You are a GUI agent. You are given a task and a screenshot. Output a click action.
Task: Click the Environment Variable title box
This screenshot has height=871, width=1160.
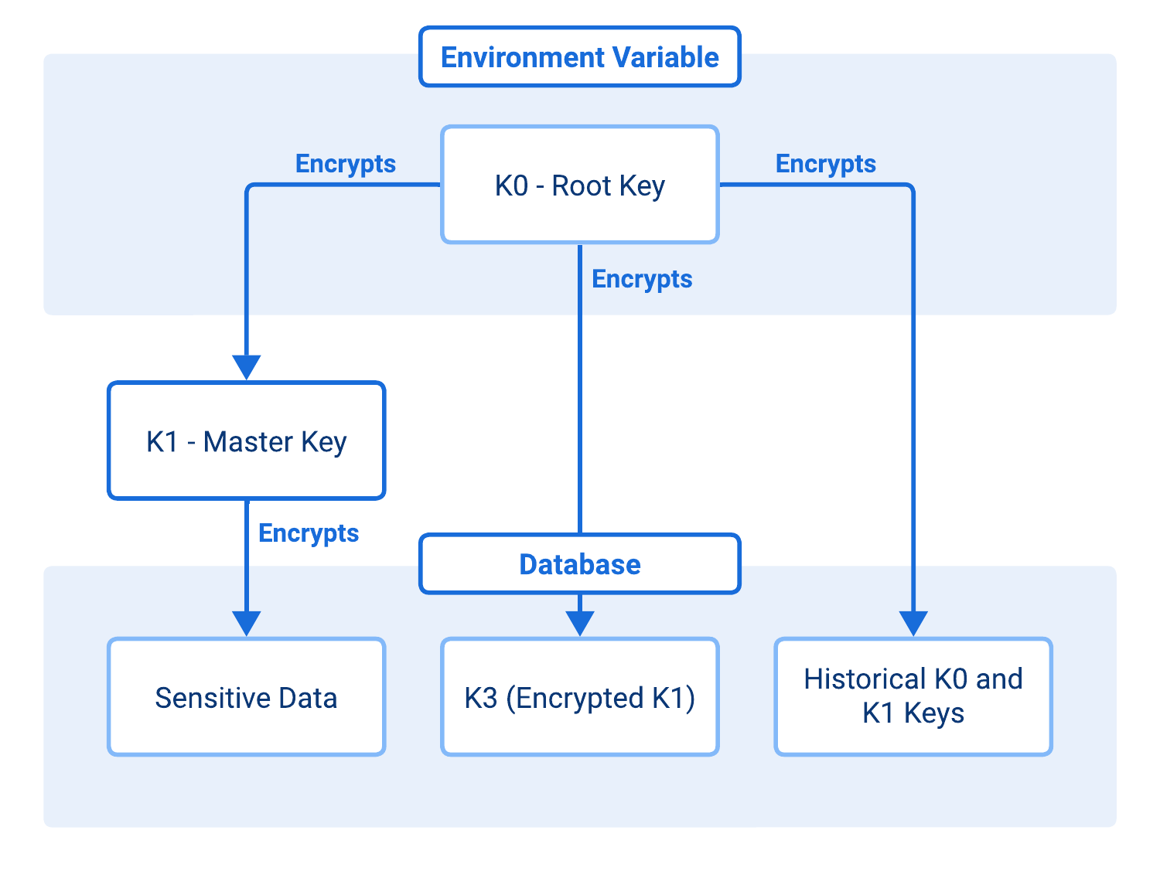[x=579, y=57]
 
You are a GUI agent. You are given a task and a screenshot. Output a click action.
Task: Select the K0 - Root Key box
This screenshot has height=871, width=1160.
[x=579, y=185]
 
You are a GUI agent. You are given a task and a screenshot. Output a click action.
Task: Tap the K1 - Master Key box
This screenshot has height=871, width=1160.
[x=246, y=441]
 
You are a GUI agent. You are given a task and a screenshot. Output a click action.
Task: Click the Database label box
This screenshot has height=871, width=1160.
[x=579, y=564]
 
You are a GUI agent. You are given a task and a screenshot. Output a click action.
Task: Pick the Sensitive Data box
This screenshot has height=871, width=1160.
[x=246, y=697]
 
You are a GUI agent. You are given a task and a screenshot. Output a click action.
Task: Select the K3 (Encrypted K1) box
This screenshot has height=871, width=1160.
[x=579, y=697]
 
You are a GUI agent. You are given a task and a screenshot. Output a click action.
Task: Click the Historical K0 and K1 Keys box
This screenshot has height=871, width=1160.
[x=913, y=696]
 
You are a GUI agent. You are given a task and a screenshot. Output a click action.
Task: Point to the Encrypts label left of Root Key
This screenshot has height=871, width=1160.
[x=345, y=164]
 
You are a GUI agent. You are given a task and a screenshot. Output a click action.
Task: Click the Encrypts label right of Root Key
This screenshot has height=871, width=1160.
[x=825, y=164]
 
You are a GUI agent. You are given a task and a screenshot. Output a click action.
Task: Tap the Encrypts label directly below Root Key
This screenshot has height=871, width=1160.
[x=641, y=279]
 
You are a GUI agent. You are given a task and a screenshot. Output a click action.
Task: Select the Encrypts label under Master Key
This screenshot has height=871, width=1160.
[x=308, y=533]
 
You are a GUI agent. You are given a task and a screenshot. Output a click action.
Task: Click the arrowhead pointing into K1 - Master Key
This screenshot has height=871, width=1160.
[x=246, y=366]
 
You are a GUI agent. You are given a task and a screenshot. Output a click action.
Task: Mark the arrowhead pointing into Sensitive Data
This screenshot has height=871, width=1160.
[x=246, y=623]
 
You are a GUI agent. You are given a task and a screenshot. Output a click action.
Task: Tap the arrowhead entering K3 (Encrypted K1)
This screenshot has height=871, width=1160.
[x=579, y=623]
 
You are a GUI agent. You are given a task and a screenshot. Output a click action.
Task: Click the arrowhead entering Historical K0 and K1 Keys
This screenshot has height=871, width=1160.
[x=913, y=623]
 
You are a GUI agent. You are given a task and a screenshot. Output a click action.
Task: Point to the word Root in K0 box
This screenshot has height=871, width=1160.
[x=582, y=186]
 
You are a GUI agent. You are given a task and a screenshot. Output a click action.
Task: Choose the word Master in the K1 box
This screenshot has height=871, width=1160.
[x=247, y=442]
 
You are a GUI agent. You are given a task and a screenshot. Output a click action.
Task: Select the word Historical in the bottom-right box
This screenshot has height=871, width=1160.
[x=864, y=679]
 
